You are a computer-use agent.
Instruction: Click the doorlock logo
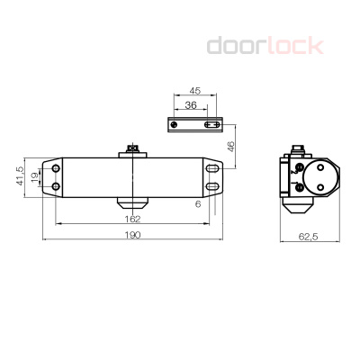[x=265, y=44]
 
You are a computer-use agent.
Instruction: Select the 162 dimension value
[x=132, y=217]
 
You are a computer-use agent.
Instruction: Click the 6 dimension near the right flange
[x=197, y=203]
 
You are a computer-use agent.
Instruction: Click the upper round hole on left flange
[x=56, y=168]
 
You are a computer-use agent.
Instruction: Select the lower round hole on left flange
[x=56, y=186]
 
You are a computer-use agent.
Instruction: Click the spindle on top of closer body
[x=132, y=150]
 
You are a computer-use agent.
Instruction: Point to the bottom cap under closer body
[x=132, y=199]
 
